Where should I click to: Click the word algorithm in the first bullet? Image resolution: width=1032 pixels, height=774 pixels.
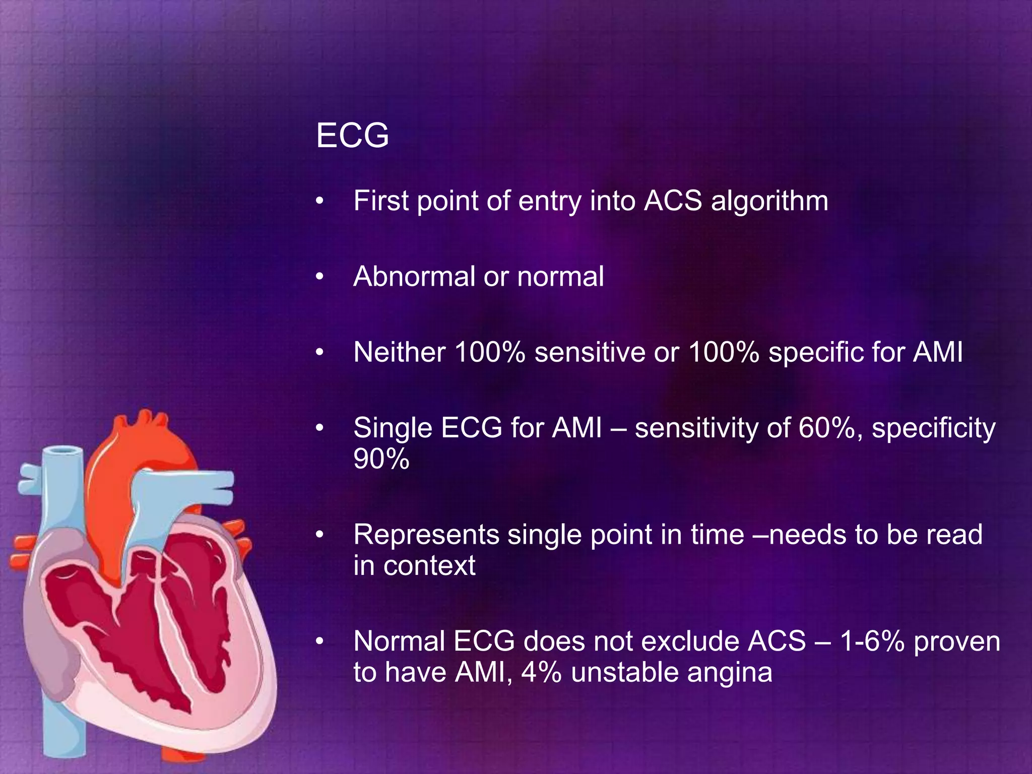pyautogui.click(x=769, y=201)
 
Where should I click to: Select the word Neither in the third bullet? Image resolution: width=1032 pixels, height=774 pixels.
pyautogui.click(x=399, y=352)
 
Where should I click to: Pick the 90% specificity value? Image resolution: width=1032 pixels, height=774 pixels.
pyautogui.click(x=381, y=459)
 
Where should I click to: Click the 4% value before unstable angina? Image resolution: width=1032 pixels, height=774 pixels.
pyautogui.click(x=541, y=672)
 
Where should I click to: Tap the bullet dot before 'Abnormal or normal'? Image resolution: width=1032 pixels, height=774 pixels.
pyautogui.click(x=318, y=277)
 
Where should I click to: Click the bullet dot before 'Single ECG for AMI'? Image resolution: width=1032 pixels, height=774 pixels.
pyautogui.click(x=318, y=429)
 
